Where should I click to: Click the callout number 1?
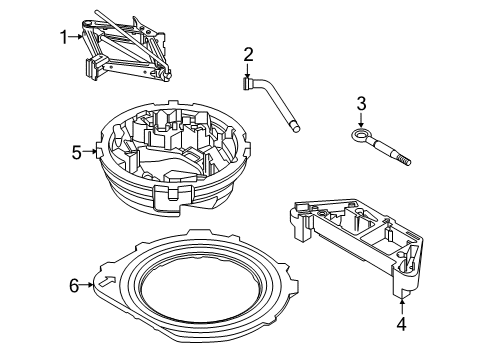point(64,37)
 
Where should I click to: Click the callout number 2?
point(248,55)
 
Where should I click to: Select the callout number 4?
point(401,323)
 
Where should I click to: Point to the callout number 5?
point(75,153)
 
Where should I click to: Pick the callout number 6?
point(73,286)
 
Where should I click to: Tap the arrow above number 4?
point(401,303)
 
